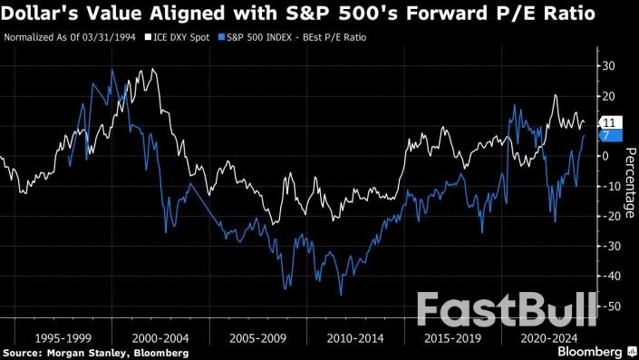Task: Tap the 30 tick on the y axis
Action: [x=610, y=66]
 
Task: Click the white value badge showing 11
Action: [x=610, y=122]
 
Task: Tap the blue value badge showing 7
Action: [x=610, y=135]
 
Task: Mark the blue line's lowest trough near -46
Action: [x=341, y=294]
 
